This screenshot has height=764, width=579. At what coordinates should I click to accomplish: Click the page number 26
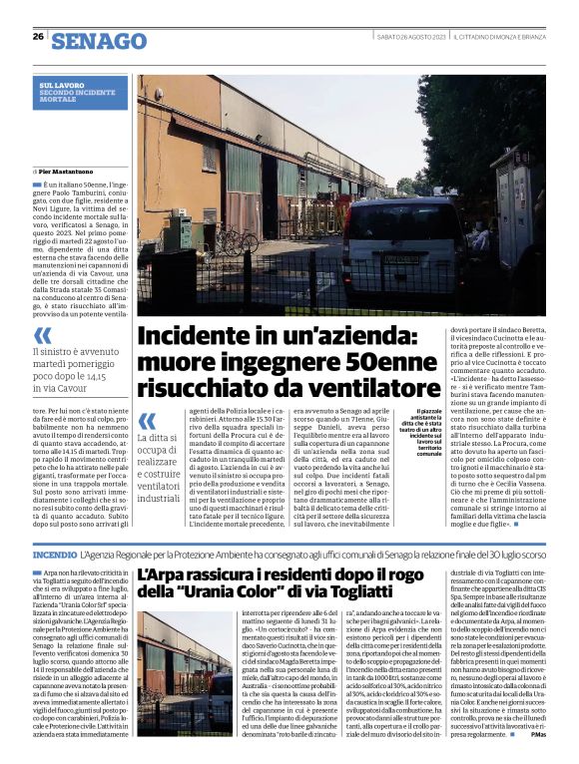point(37,36)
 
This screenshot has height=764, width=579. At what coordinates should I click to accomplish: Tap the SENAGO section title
point(99,41)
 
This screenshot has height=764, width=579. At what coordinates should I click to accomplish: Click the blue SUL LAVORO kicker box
point(83,93)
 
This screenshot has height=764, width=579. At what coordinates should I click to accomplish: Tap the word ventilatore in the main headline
point(354,387)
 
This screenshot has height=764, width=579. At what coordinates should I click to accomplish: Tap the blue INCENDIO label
point(55,553)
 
